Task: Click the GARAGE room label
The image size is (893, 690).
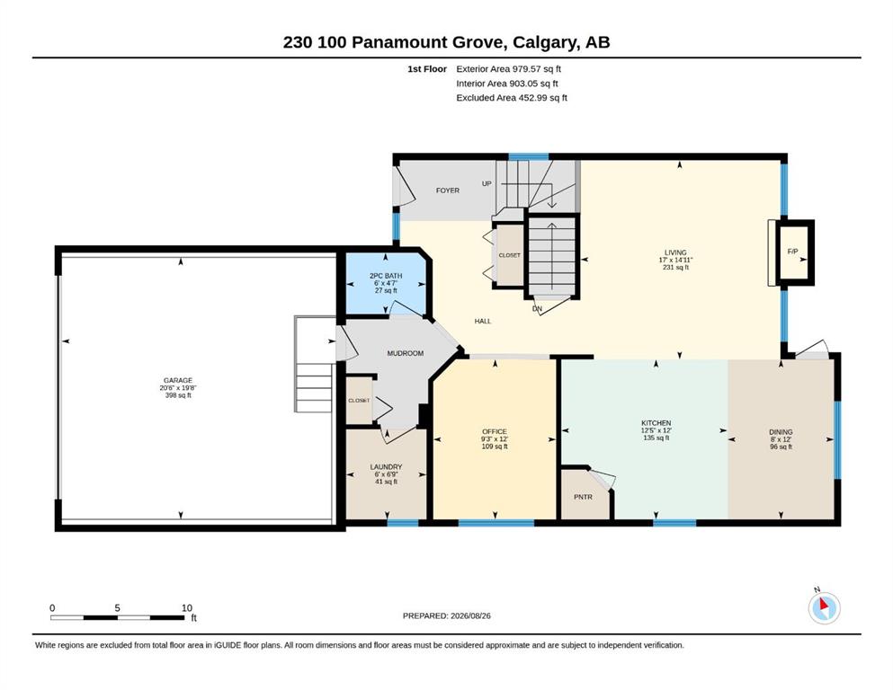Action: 178,381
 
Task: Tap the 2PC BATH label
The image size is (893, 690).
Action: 386,276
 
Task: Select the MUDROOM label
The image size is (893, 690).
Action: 406,353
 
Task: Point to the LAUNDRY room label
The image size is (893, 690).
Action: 386,467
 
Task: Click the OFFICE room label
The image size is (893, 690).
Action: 495,432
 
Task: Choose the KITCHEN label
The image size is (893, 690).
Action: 656,423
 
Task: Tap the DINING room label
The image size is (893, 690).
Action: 781,432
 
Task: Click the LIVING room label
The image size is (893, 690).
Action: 675,252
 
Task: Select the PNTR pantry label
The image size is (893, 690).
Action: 583,497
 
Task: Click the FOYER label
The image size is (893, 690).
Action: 448,190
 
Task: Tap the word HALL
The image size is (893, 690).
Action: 483,322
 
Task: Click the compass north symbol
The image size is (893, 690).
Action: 824,607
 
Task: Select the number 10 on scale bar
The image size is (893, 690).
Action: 187,607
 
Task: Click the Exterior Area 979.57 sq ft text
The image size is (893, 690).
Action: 509,69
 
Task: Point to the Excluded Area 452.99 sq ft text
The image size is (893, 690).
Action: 512,98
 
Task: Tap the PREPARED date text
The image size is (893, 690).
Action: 446,615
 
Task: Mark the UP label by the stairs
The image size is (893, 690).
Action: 487,184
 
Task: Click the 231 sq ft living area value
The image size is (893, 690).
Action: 675,268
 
